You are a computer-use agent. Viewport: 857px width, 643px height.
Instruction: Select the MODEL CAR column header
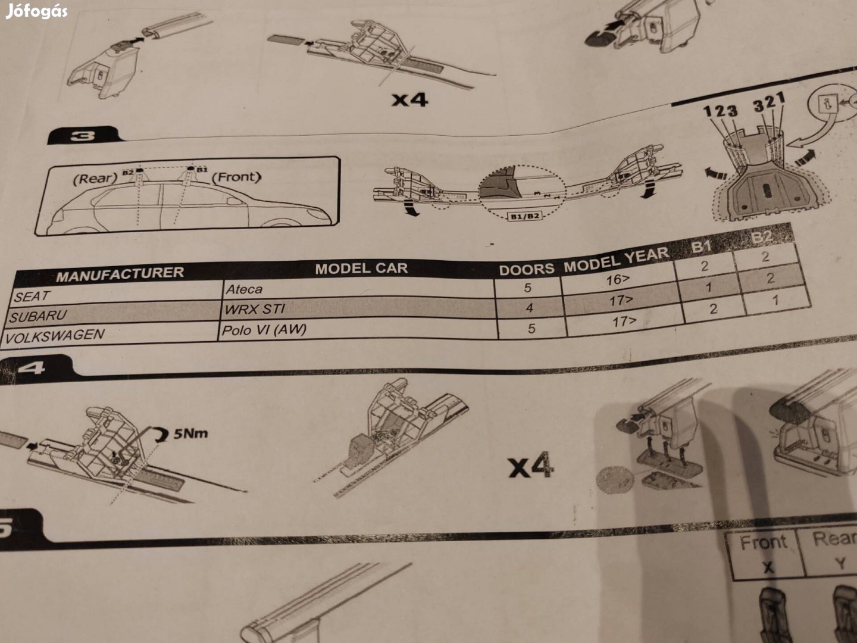click(x=361, y=269)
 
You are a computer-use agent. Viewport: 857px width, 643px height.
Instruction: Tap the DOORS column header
click(x=526, y=270)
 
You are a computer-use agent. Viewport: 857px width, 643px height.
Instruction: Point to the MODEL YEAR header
click(x=616, y=260)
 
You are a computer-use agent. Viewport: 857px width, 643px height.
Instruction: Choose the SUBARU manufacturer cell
click(x=38, y=316)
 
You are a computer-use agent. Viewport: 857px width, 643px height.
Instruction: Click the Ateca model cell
click(x=243, y=289)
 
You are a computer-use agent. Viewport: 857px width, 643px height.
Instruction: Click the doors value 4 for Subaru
click(x=529, y=308)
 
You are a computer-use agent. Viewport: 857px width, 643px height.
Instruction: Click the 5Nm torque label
click(x=191, y=433)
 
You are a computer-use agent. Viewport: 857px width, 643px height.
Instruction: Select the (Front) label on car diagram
click(x=236, y=177)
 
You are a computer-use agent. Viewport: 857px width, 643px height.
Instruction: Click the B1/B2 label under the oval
click(x=524, y=216)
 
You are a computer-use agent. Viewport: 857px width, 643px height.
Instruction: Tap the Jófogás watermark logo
click(x=36, y=11)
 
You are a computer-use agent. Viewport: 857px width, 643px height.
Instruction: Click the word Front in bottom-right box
click(x=763, y=543)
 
